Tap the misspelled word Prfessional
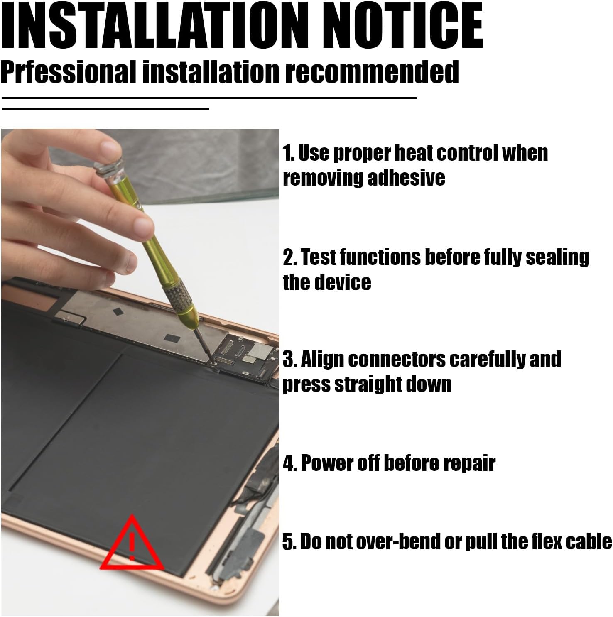68,71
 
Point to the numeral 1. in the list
288,153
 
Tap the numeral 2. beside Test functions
290,257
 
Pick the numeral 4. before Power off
290,463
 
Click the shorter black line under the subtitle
105,109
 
